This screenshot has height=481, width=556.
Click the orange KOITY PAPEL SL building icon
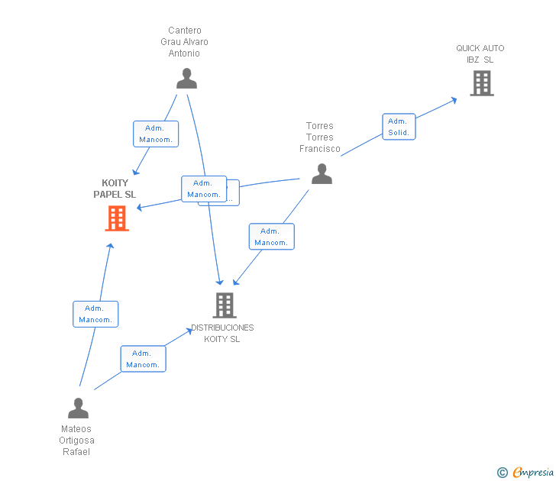(x=116, y=218)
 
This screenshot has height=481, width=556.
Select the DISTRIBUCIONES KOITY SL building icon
(x=224, y=305)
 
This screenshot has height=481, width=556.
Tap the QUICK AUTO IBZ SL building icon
(x=481, y=83)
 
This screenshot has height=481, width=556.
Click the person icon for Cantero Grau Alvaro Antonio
(x=186, y=79)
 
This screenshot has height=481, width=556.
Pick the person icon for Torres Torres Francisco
(x=322, y=174)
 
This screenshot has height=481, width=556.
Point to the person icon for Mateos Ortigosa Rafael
(x=78, y=408)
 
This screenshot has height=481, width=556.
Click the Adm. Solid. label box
(x=399, y=127)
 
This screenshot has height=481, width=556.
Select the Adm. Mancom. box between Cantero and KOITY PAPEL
(x=156, y=134)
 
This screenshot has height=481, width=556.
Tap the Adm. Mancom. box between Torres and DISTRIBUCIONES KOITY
(x=271, y=237)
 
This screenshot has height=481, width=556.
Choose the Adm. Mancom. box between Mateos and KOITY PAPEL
(x=95, y=314)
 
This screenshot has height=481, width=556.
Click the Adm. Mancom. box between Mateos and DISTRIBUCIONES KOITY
(x=143, y=359)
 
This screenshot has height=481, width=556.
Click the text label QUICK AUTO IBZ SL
(x=480, y=53)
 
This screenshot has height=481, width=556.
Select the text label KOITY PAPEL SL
(x=115, y=189)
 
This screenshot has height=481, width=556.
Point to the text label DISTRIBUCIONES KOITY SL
(x=222, y=333)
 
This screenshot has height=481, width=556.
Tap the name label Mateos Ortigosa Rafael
(x=76, y=441)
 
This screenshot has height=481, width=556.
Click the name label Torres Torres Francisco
(x=320, y=137)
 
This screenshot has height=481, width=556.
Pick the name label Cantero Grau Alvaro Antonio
(x=184, y=42)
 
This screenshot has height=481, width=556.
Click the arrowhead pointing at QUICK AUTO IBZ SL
(x=454, y=99)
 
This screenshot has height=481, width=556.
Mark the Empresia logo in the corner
(x=532, y=473)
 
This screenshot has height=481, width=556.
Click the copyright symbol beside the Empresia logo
(x=502, y=473)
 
